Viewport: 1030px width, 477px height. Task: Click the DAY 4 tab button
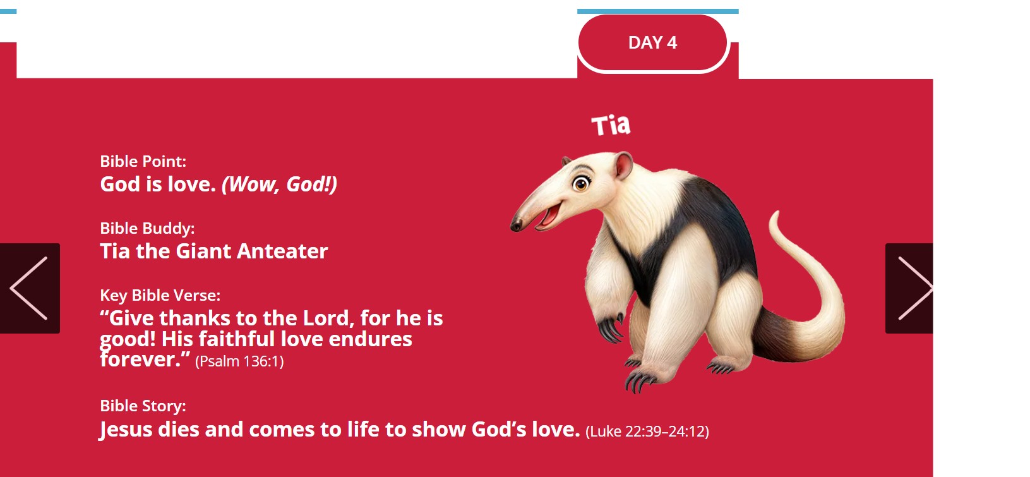(652, 43)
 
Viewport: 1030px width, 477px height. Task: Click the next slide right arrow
(909, 288)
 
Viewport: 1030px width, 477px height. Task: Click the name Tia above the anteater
(611, 125)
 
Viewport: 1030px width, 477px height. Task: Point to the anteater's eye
(581, 184)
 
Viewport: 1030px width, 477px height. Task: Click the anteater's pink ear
(623, 166)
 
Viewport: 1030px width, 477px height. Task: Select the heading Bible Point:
(143, 162)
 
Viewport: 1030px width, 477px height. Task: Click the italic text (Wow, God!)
(280, 184)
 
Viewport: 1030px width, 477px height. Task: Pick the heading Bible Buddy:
(147, 229)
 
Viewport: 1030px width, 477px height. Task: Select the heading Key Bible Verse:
(160, 295)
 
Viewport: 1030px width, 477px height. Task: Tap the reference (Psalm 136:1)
(239, 361)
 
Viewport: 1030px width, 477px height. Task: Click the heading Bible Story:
(143, 406)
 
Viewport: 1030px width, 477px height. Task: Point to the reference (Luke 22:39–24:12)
(647, 432)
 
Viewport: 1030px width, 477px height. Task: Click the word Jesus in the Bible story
(126, 430)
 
